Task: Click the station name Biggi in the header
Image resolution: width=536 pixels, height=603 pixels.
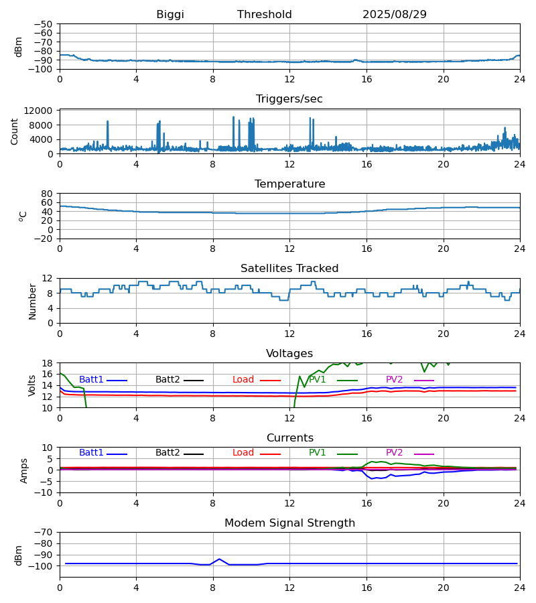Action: [x=170, y=15]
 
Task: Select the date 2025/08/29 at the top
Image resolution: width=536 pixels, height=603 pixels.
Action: [x=394, y=15]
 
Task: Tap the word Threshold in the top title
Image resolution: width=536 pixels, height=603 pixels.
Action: [x=264, y=15]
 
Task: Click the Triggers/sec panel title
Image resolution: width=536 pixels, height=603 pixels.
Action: [x=289, y=99]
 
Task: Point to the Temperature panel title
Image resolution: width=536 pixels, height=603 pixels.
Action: [x=289, y=184]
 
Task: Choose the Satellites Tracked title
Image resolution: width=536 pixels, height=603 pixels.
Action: [x=289, y=269]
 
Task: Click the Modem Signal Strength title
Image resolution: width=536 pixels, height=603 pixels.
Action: [x=289, y=523]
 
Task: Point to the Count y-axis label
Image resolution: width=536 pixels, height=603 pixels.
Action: [x=15, y=131]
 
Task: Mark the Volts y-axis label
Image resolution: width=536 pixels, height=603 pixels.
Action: [x=32, y=385]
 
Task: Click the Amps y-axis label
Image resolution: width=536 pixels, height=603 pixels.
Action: [x=25, y=470]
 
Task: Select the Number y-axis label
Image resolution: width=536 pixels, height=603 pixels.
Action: [x=32, y=301]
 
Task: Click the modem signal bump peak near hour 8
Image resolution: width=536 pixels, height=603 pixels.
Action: [x=219, y=559]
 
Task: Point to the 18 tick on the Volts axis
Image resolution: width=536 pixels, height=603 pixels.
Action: [x=47, y=363]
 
